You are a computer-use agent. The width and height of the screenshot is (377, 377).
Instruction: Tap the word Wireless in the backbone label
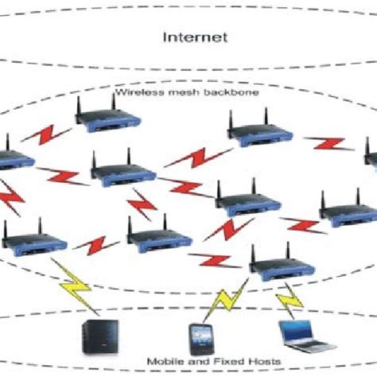[x=136, y=92]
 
